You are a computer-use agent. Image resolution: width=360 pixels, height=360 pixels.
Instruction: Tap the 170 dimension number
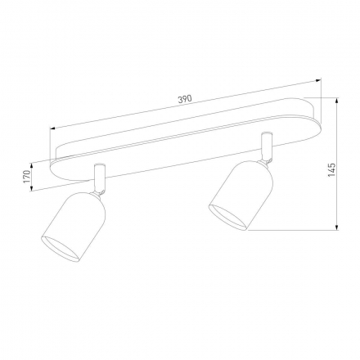click(x=26, y=176)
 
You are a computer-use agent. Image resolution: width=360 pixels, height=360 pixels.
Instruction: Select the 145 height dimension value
click(x=331, y=169)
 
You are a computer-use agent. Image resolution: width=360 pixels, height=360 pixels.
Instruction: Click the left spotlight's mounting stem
click(x=99, y=175)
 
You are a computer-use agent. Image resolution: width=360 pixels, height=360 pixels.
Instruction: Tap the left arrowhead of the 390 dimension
click(x=52, y=128)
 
